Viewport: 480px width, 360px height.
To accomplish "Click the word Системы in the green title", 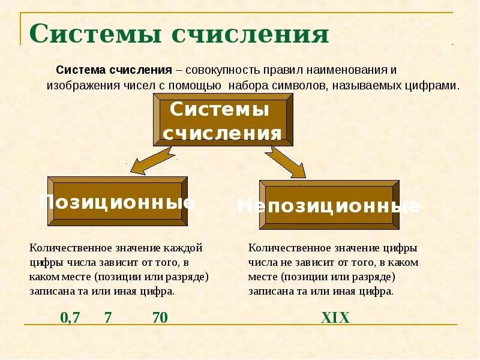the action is click(x=95, y=34).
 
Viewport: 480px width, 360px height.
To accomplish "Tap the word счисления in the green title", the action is click(x=250, y=34).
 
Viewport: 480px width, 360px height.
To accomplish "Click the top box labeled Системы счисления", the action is click(x=223, y=120).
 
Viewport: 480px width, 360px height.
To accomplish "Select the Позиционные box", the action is click(x=117, y=202).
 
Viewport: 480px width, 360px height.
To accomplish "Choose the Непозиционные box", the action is click(x=329, y=205).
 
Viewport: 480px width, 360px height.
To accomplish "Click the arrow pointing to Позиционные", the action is click(x=151, y=160).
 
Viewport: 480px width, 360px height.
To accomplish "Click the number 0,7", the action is click(x=70, y=318).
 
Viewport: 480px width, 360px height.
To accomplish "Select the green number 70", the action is click(x=160, y=318).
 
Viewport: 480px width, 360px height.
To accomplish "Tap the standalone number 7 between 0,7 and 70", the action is click(x=108, y=318).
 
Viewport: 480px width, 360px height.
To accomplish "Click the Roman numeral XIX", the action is click(x=335, y=318).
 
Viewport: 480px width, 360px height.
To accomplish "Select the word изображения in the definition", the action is click(x=76, y=85).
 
